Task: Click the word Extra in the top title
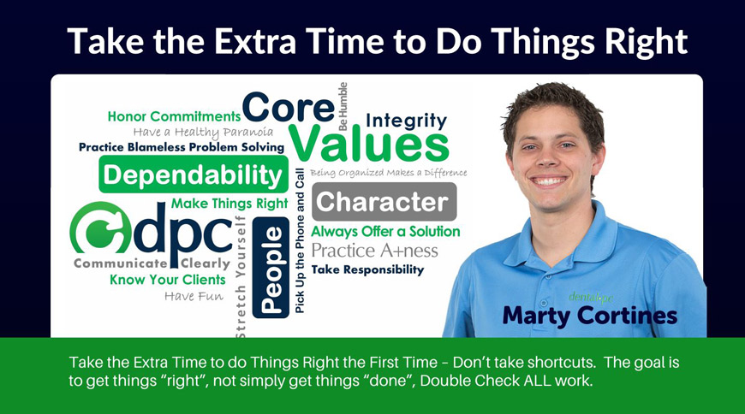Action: click(x=255, y=41)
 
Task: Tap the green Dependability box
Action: click(x=194, y=174)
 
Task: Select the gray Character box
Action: click(x=384, y=202)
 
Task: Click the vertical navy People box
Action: click(x=271, y=268)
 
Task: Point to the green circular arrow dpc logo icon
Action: click(x=101, y=228)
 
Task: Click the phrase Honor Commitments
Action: click(x=174, y=116)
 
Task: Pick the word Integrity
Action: click(x=406, y=121)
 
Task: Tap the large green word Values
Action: click(x=369, y=144)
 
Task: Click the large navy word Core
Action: click(x=289, y=107)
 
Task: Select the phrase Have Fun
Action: click(x=194, y=296)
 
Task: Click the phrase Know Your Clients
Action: click(x=168, y=280)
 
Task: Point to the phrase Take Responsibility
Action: click(x=367, y=270)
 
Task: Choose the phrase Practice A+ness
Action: click(x=374, y=251)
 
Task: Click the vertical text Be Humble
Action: click(x=343, y=106)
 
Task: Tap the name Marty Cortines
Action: click(x=590, y=316)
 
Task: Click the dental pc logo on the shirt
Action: click(x=591, y=298)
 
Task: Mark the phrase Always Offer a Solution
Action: click(x=385, y=232)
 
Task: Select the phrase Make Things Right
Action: click(x=229, y=204)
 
